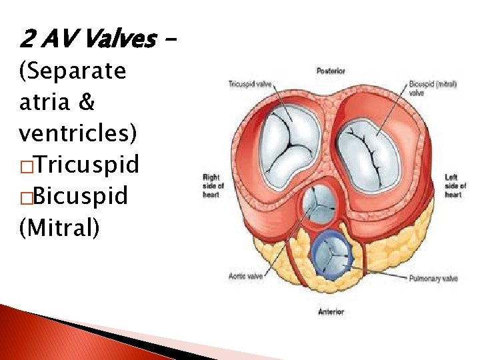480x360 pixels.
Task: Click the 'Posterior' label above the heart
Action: [x=331, y=71]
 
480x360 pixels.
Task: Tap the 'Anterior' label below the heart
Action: [x=331, y=311]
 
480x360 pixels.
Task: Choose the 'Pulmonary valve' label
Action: [x=434, y=279]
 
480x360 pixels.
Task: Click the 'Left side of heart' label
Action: [x=452, y=185]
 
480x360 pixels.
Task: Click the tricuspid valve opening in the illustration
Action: [x=287, y=146]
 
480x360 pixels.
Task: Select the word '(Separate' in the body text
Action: [x=73, y=71]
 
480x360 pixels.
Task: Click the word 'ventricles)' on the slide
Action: [x=79, y=133]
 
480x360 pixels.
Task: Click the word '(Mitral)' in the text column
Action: [x=59, y=227]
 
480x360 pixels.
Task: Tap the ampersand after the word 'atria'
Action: [x=87, y=102]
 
